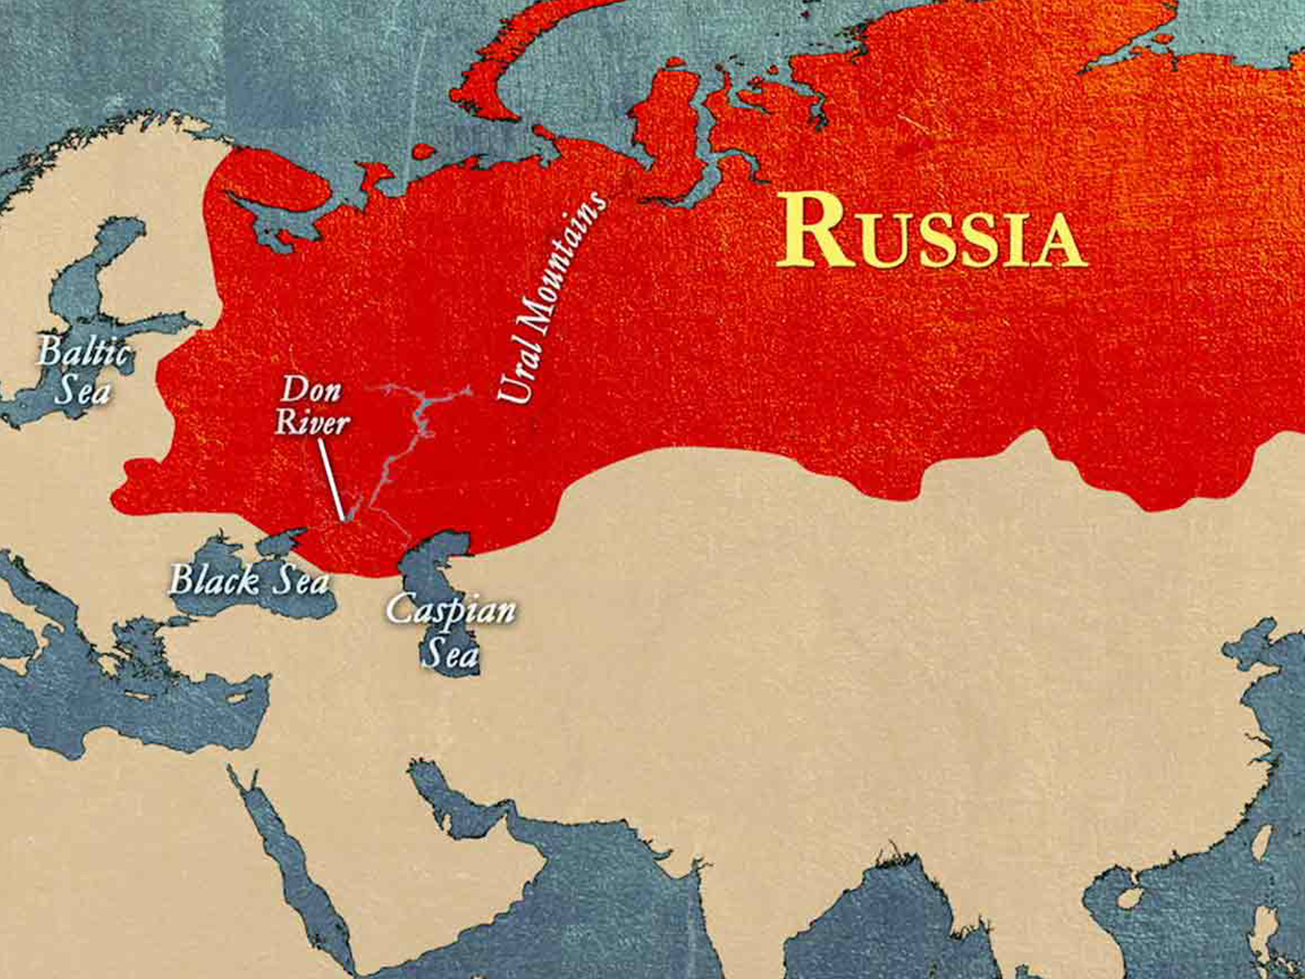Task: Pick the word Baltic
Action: point(83,353)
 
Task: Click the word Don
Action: point(311,391)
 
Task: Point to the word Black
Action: point(214,581)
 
